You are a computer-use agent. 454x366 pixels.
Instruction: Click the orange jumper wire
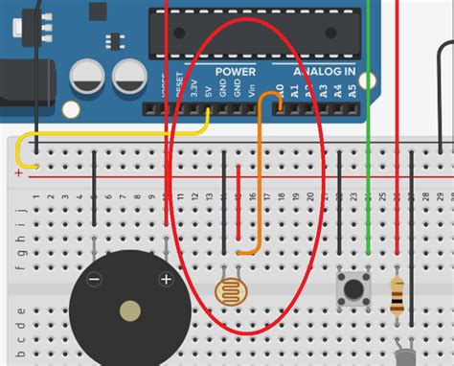(257, 172)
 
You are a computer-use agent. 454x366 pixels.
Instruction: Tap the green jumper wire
(368, 144)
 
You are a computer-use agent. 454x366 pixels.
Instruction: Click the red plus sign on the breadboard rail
(17, 172)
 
